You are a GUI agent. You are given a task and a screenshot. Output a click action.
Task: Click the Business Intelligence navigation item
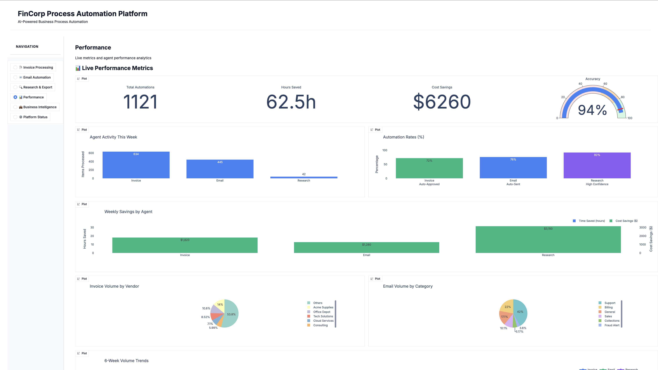pyautogui.click(x=40, y=107)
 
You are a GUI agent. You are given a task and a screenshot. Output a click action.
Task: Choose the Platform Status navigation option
pyautogui.click(x=35, y=117)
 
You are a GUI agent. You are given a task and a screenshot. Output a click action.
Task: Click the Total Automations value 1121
pyautogui.click(x=140, y=102)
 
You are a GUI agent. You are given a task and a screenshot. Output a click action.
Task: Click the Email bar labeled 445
pyautogui.click(x=220, y=169)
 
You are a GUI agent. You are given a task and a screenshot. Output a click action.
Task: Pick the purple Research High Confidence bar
pyautogui.click(x=597, y=165)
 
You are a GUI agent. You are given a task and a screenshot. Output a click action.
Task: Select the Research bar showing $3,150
pyautogui.click(x=548, y=239)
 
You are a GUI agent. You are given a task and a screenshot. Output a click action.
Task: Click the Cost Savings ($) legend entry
pyautogui.click(x=626, y=221)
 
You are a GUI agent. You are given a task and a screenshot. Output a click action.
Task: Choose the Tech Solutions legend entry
pyautogui.click(x=323, y=316)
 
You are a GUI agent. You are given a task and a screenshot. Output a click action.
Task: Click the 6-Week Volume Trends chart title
pyautogui.click(x=126, y=361)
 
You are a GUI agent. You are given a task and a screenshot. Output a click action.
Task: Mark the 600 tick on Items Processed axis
pyautogui.click(x=91, y=153)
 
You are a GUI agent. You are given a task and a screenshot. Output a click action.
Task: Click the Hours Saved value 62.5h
pyautogui.click(x=291, y=102)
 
